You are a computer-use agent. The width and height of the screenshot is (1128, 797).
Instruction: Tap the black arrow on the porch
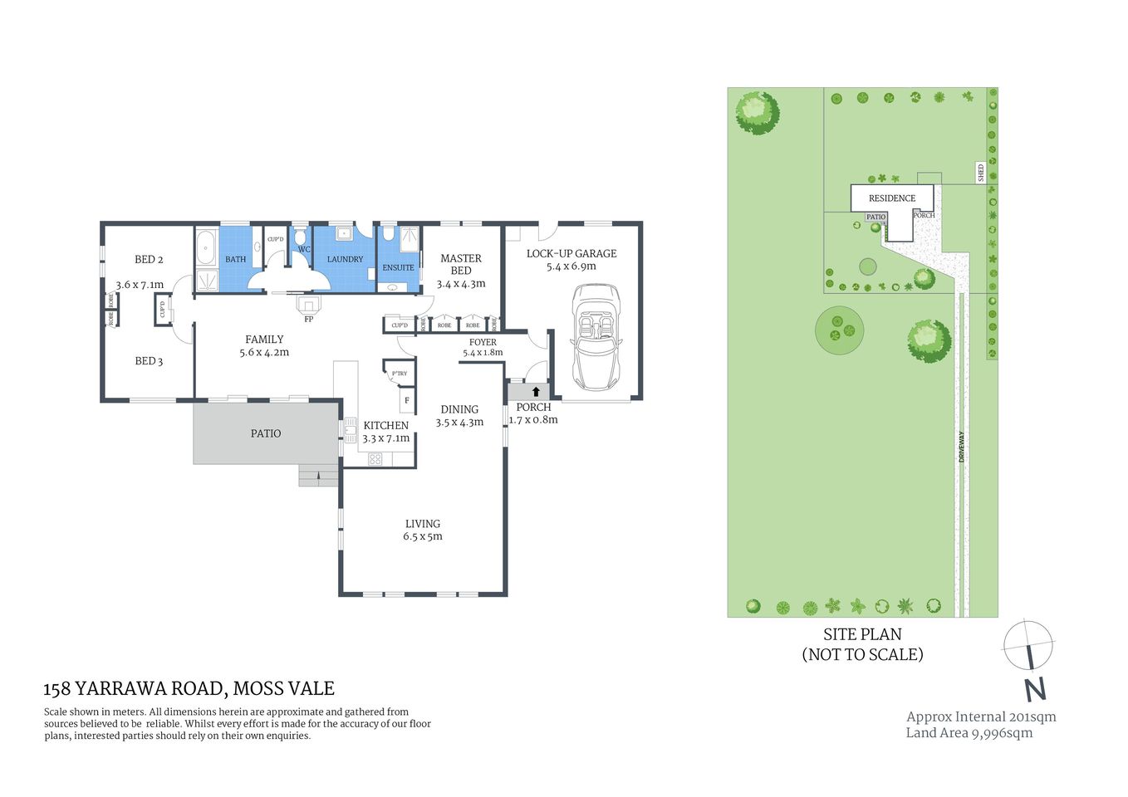pos(536,391)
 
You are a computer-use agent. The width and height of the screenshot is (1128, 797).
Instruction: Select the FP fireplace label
pos(308,319)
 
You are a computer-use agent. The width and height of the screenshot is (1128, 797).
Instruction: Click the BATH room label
pos(236,259)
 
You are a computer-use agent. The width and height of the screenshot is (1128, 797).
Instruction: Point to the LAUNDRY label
pos(345,259)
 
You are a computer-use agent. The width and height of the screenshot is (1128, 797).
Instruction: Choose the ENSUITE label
pos(398,267)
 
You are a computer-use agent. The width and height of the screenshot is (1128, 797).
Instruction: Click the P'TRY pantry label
pos(400,374)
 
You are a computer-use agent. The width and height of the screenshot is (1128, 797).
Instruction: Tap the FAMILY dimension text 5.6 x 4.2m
pos(264,352)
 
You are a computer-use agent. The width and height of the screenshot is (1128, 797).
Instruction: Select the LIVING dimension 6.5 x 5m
pos(423,536)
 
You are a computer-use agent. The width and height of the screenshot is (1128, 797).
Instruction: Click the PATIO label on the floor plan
pos(266,433)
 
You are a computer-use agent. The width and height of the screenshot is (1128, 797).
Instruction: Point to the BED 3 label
pos(149,361)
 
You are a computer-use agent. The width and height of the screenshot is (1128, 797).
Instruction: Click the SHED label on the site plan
pos(981,173)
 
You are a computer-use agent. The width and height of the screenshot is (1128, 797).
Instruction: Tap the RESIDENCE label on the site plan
pos(892,198)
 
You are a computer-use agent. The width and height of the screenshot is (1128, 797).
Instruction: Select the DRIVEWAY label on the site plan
pos(962,447)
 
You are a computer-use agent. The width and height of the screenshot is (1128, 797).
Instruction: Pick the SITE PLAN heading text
pos(862,634)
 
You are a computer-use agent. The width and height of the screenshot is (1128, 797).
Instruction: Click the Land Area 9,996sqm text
pos(969,733)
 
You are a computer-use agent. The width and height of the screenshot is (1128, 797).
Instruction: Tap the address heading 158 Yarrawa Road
pos(189,688)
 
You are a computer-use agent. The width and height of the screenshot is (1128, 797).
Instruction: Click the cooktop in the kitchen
pos(375,458)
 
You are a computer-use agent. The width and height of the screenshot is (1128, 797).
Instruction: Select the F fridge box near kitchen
pos(407,401)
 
